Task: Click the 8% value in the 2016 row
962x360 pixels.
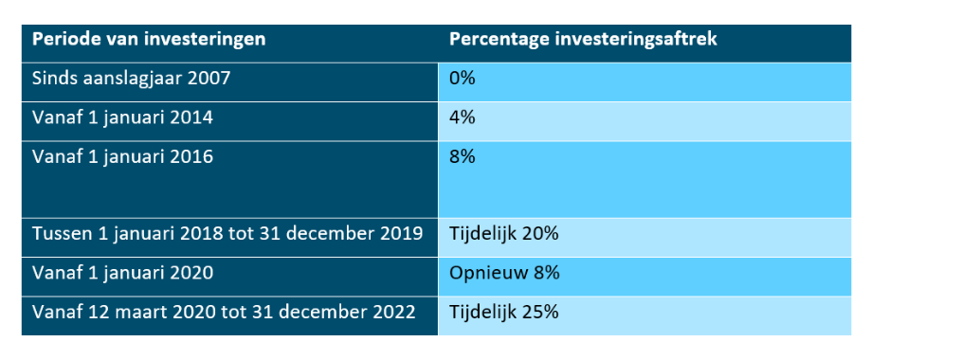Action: pos(463,157)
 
